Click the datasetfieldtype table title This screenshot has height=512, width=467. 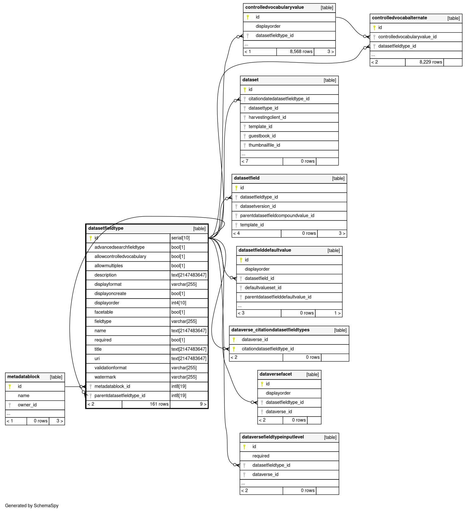[106, 228]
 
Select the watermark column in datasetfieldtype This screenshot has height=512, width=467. [105, 377]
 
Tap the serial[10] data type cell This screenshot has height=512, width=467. [181, 238]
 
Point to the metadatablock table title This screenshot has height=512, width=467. [23, 377]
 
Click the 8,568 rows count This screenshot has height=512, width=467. [301, 52]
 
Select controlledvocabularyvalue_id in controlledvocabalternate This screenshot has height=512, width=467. [407, 37]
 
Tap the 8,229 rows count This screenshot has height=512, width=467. [431, 62]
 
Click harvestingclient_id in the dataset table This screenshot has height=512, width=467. [267, 117]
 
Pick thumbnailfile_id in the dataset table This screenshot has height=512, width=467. [264, 145]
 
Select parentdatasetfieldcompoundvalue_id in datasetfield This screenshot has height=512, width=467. [277, 216]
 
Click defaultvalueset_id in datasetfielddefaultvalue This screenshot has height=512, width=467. [263, 288]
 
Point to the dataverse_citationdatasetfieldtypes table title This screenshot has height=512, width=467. [270, 330]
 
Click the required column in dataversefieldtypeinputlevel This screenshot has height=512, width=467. [261, 456]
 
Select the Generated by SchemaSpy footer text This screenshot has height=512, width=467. [32, 506]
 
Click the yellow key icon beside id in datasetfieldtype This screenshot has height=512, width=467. [90, 238]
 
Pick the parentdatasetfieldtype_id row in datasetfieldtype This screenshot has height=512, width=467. [120, 396]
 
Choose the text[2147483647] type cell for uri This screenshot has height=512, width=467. [189, 359]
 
